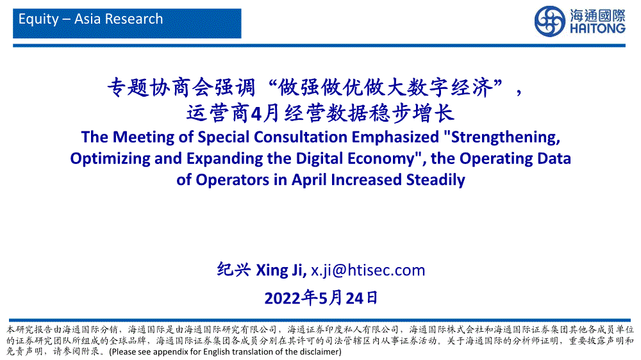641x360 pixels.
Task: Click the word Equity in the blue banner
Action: click(x=39, y=19)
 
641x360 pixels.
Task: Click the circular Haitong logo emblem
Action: click(x=550, y=21)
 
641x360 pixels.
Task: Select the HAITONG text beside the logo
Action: click(x=597, y=29)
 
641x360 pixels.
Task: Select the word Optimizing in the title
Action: click(x=110, y=159)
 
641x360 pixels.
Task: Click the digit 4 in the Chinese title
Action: click(x=256, y=114)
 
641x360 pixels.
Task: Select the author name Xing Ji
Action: click(x=281, y=270)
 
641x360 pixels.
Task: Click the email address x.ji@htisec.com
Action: click(x=368, y=270)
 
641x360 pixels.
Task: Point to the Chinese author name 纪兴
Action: click(x=233, y=270)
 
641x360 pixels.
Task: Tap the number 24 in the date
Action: click(x=354, y=299)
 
